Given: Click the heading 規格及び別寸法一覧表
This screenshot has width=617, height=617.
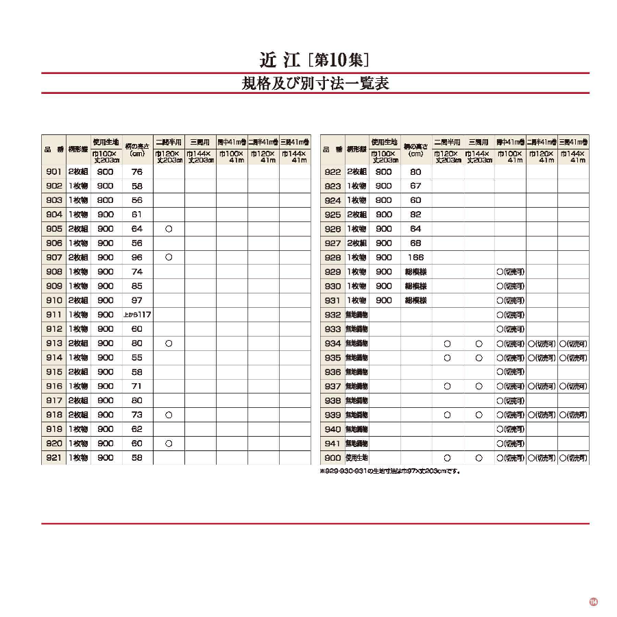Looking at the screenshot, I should point(315,84).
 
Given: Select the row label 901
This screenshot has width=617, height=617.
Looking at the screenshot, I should point(54,172).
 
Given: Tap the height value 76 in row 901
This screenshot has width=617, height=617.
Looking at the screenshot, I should point(137,172).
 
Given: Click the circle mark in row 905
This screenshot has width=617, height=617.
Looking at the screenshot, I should point(169,229).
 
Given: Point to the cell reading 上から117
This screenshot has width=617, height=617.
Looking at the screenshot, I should point(137,315).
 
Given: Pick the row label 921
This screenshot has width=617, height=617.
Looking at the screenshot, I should point(54,457).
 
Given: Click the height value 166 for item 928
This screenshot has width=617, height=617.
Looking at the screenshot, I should point(416,258).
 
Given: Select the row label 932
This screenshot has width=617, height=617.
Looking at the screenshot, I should point(332,315).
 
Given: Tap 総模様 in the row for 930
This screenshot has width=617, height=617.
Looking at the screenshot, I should point(416,286).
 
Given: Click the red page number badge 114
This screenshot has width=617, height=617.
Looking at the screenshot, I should point(594,602).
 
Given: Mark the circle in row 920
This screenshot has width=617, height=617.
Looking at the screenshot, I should point(169,444).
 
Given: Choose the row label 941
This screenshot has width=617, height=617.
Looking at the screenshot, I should point(332,444).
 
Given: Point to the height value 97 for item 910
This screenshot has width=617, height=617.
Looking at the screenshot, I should point(137,300).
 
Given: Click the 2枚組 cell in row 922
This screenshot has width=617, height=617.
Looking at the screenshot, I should point(356,172).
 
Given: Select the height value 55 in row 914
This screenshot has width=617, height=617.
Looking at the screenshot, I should point(137,357).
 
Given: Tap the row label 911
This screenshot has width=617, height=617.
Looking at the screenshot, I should point(54,315).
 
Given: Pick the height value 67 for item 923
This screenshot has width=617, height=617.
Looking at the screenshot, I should point(416,186).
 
